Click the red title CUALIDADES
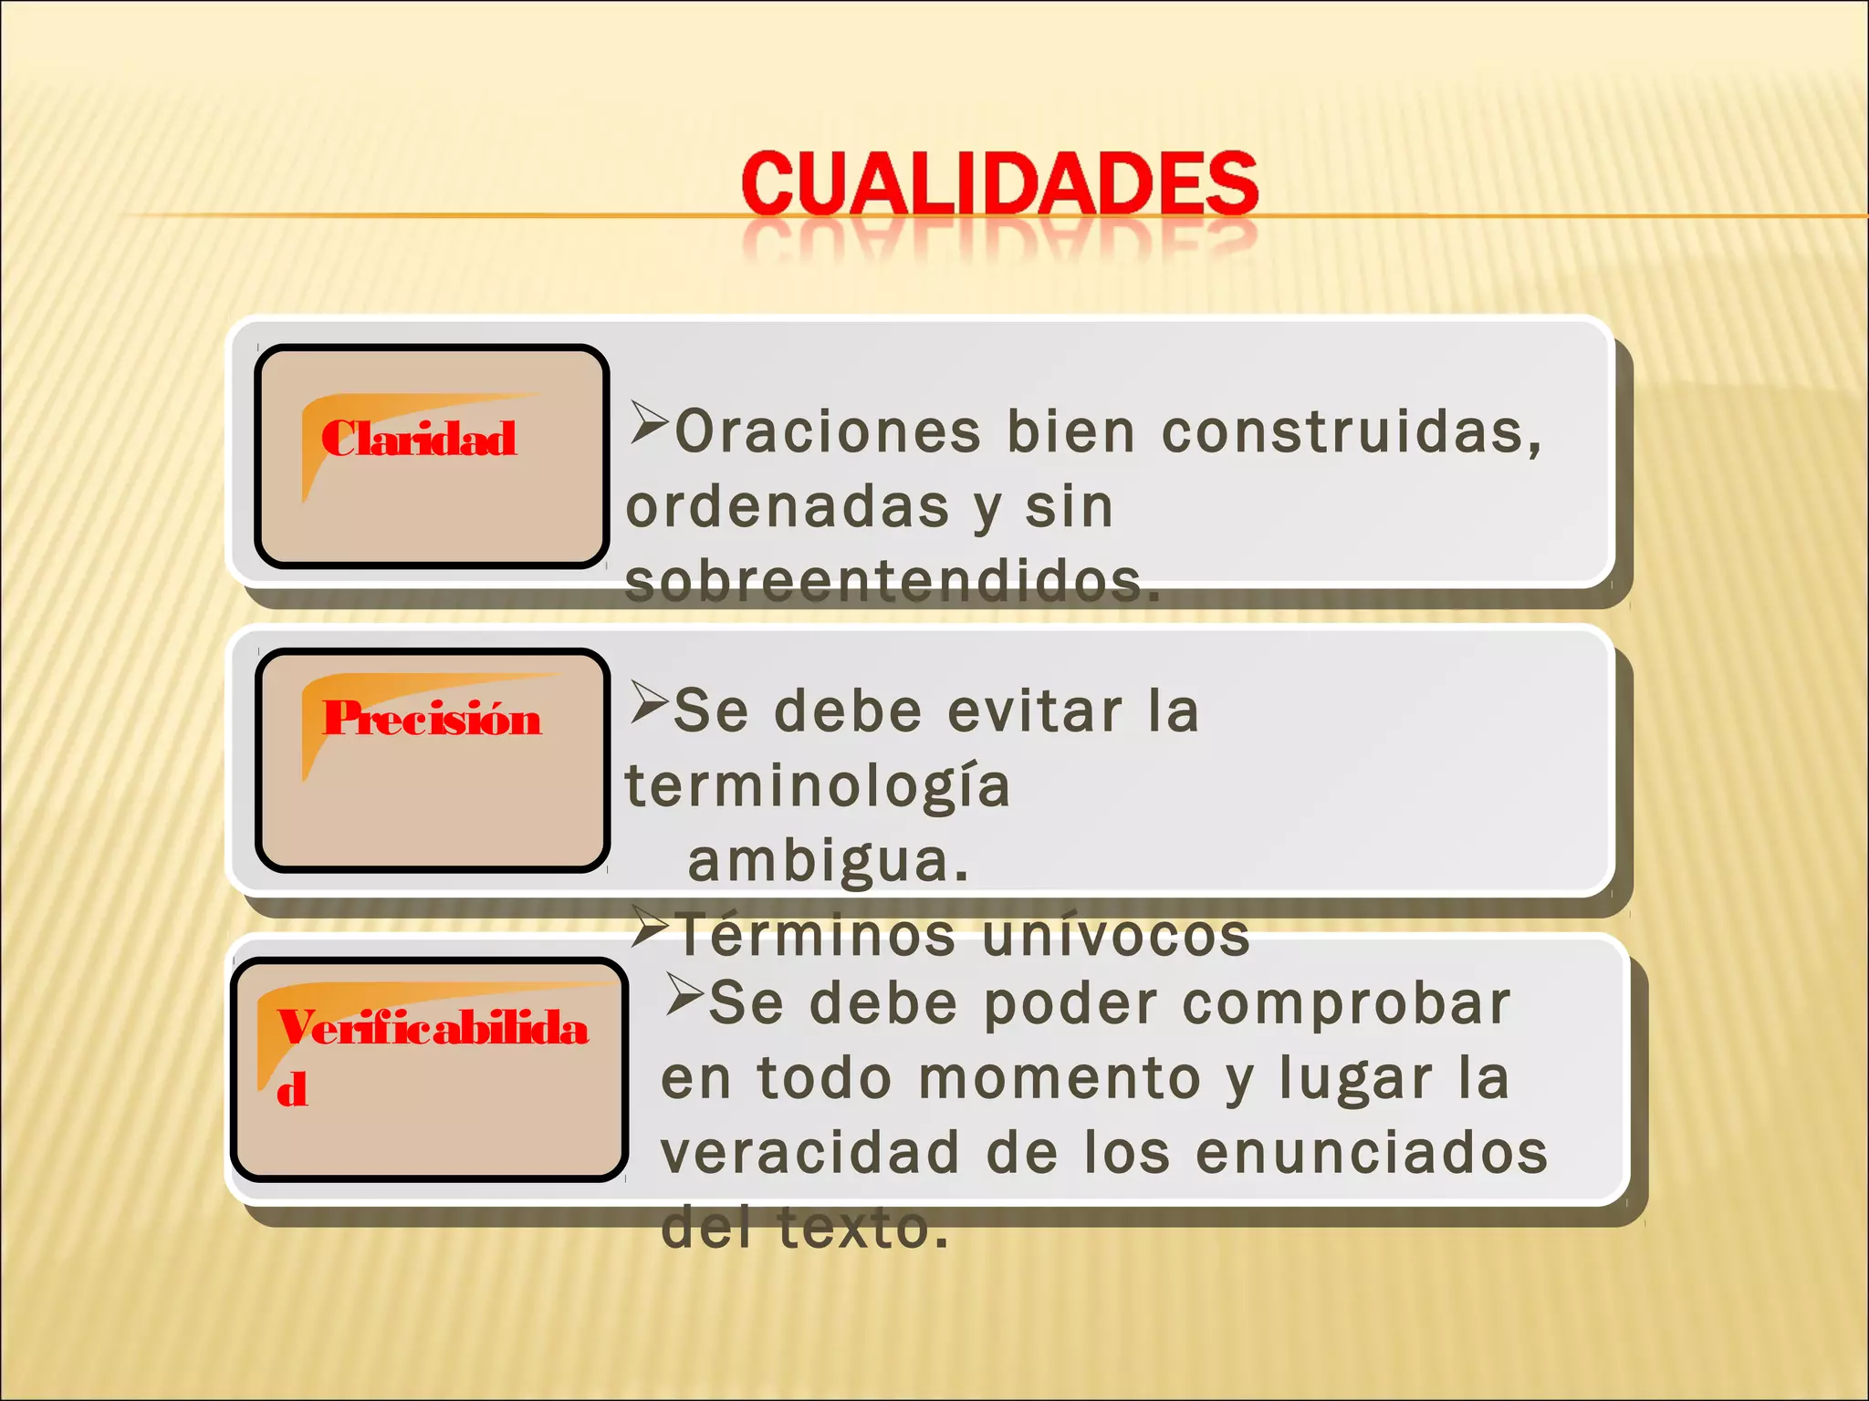999,184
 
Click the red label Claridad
419,439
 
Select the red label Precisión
432,719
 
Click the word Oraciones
828,431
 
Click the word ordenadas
788,507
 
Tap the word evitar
1035,711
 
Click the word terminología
818,786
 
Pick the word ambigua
827,860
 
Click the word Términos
817,936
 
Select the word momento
1060,1079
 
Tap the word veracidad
810,1153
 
